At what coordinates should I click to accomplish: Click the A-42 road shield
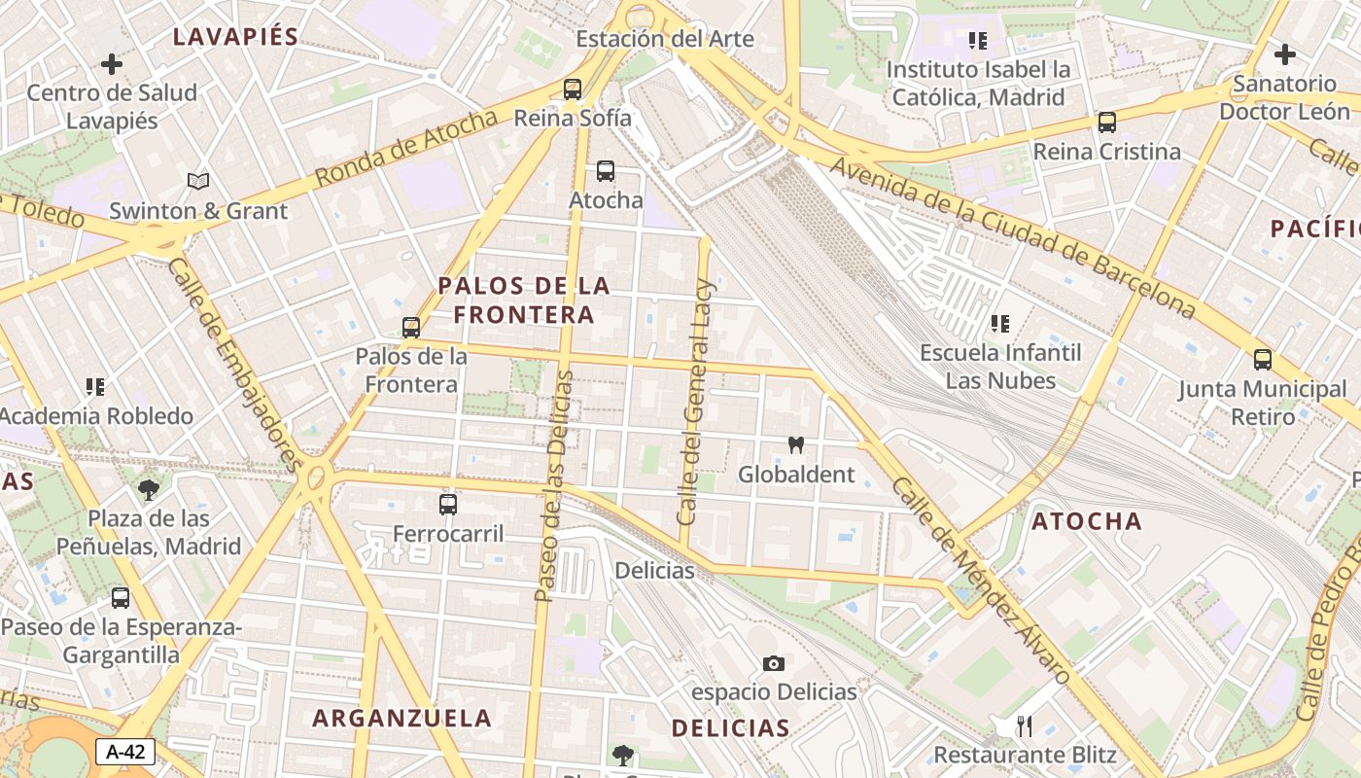pos(125,751)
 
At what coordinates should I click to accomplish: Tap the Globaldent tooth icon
pos(796,445)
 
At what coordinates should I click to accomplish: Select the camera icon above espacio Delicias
pos(774,663)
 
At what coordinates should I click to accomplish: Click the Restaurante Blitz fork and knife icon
pos(1024,725)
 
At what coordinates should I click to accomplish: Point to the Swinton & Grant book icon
pos(198,182)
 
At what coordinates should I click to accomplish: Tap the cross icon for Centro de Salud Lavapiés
pos(112,64)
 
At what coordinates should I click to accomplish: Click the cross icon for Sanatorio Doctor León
pos(1285,54)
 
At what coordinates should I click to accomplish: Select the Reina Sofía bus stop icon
pos(573,89)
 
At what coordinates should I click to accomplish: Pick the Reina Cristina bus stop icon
pos(1107,123)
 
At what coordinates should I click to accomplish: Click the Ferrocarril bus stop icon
pos(448,505)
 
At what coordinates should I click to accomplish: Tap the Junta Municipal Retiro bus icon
pos(1263,360)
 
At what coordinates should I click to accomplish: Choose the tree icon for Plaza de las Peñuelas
pos(149,489)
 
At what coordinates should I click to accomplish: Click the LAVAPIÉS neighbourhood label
pos(235,37)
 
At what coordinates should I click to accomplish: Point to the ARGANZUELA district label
pos(402,719)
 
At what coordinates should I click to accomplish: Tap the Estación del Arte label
pos(665,39)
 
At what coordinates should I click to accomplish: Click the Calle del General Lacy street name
pos(697,402)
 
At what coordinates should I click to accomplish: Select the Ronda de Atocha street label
pos(407,148)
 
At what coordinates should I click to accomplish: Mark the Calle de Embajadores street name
pos(233,364)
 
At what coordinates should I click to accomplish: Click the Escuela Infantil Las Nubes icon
pos(1000,324)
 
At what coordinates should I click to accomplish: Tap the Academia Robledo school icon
pos(95,387)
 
